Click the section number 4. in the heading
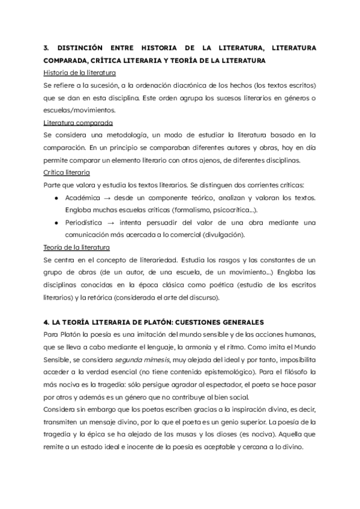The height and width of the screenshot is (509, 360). pos(47,322)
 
